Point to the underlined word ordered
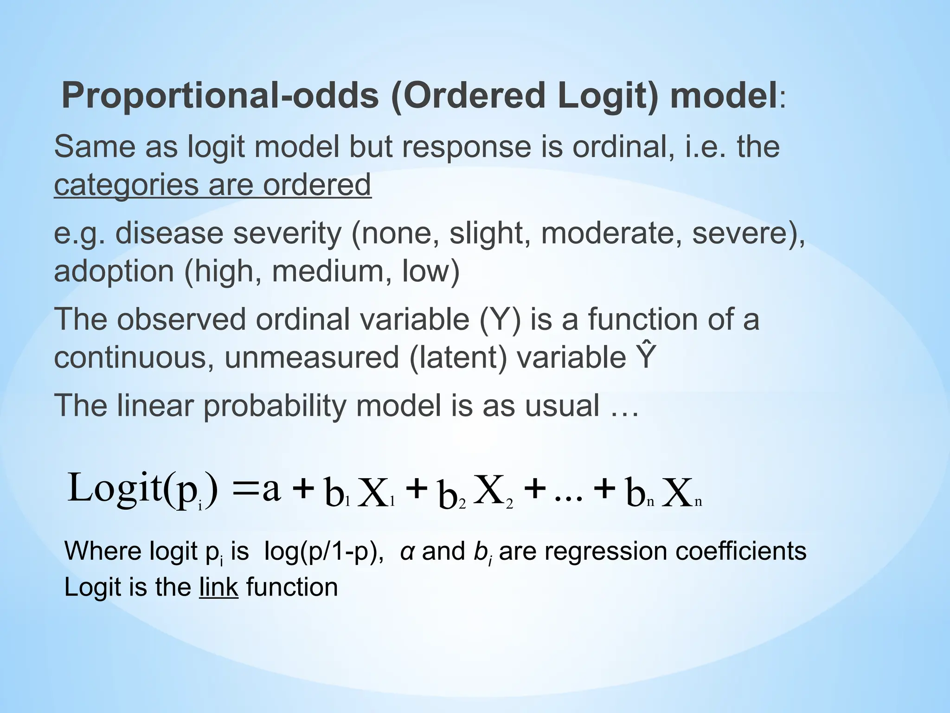[317, 185]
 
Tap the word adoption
[114, 271]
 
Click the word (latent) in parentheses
[457, 358]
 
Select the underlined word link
[218, 588]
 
